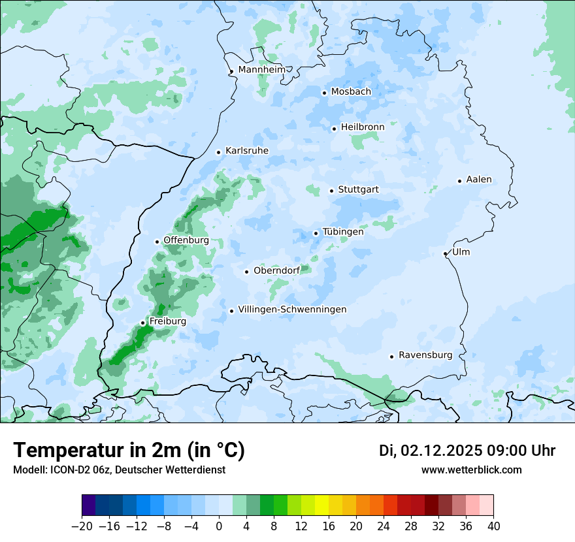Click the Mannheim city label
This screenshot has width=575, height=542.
(x=261, y=69)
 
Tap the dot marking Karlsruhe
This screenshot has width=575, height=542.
(x=219, y=152)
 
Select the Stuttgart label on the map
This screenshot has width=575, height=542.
(x=358, y=190)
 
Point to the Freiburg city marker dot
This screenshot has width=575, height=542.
(x=142, y=323)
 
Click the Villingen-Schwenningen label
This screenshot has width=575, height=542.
(x=292, y=310)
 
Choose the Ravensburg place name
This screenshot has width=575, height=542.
(x=425, y=355)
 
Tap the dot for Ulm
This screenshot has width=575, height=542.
(x=445, y=253)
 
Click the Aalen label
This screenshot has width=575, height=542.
(x=479, y=180)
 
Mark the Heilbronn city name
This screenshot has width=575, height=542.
(x=362, y=127)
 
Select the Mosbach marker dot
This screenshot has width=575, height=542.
(x=324, y=93)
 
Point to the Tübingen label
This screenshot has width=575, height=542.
(x=342, y=232)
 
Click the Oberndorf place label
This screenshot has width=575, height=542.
(x=276, y=271)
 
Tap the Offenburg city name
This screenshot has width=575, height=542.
(x=186, y=240)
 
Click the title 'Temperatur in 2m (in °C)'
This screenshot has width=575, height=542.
(x=129, y=451)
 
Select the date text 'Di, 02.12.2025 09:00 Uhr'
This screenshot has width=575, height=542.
(x=467, y=451)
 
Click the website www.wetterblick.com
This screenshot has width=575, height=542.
(x=471, y=470)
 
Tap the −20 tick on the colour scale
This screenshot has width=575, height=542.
(x=82, y=526)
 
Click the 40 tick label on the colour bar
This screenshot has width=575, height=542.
(x=493, y=526)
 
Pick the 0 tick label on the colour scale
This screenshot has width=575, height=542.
(x=219, y=526)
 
